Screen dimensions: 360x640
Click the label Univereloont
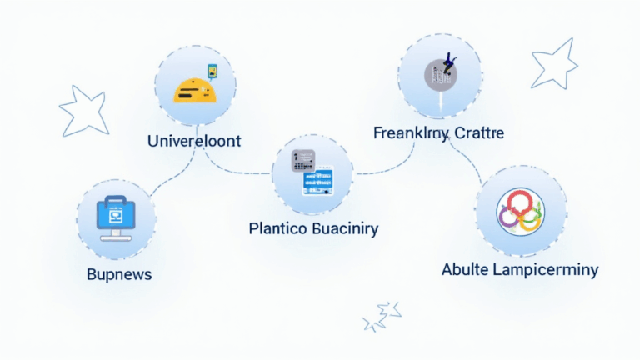193,141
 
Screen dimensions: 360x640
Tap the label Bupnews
119,273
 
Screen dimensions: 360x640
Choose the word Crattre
478,133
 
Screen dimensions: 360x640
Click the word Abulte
467,269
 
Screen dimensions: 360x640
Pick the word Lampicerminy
545,269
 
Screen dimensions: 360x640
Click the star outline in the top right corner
554,63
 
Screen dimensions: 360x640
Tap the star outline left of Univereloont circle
83,112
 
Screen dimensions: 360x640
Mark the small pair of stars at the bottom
382,317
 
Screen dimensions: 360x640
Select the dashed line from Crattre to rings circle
470,158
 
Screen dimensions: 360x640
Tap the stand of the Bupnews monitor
116,237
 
